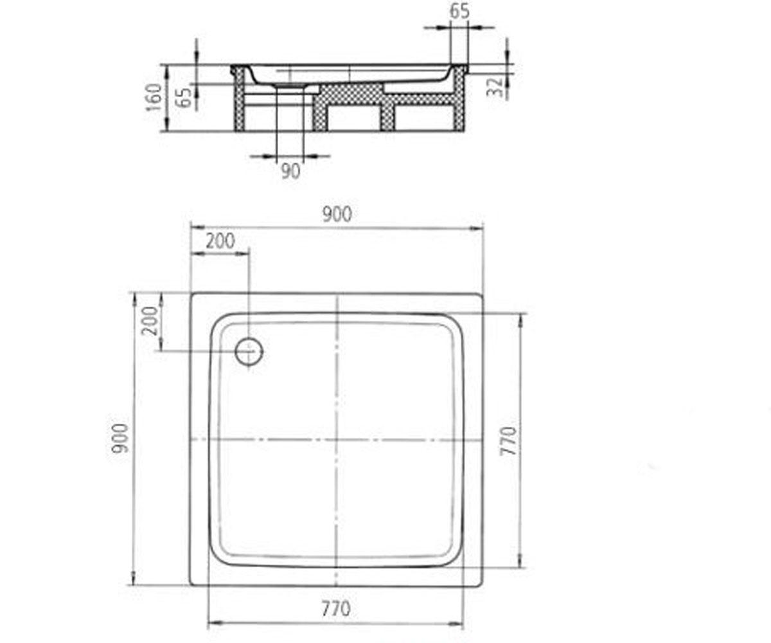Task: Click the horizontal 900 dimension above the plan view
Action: click(337, 215)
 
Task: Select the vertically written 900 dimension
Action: click(120, 439)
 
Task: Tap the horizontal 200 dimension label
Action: click(220, 241)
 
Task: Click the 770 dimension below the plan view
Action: click(336, 610)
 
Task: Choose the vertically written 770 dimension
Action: click(508, 441)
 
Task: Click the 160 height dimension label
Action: click(154, 97)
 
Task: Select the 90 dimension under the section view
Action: click(291, 172)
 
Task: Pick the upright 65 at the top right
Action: click(460, 11)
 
